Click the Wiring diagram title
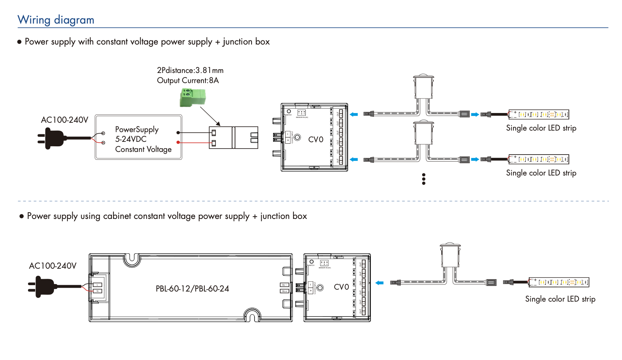(56, 20)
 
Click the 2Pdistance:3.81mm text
(190, 70)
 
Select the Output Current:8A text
(187, 80)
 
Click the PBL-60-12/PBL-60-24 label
(192, 289)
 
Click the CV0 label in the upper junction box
(315, 140)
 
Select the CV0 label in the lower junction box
(341, 287)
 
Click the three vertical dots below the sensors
(424, 179)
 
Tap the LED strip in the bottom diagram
(559, 282)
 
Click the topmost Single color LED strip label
(541, 128)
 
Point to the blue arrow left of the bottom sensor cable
(379, 283)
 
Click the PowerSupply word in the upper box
(137, 129)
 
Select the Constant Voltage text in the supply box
(143, 149)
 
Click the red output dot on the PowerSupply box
(178, 143)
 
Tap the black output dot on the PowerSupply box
(178, 132)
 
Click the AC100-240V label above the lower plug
(53, 266)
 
